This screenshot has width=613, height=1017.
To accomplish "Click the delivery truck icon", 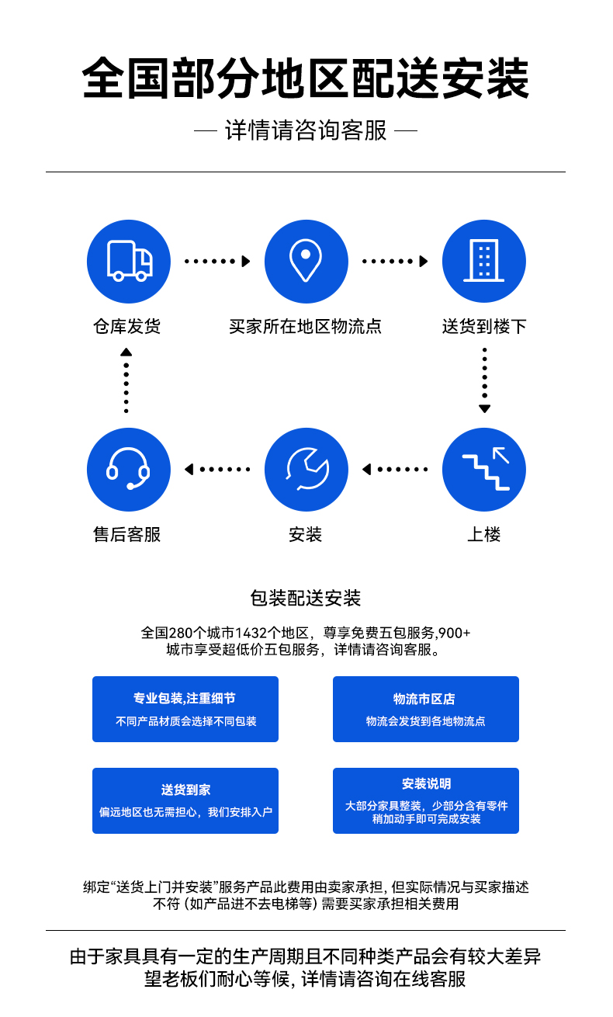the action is [x=129, y=262].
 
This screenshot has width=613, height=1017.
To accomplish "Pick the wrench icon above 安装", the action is [x=306, y=470].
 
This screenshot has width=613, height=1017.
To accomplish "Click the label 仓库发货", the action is [x=127, y=326].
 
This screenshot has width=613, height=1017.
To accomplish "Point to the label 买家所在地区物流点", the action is [x=306, y=326].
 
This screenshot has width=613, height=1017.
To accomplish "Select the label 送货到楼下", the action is [x=484, y=326].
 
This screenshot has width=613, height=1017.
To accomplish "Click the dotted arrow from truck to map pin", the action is [x=217, y=261].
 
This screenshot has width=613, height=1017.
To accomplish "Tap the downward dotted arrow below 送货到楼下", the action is [x=485, y=380].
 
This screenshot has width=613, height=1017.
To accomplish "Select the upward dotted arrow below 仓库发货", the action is [x=126, y=380].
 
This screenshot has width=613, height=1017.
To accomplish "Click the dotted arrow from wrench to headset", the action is [x=217, y=469].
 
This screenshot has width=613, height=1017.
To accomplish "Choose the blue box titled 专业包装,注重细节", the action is [x=185, y=709].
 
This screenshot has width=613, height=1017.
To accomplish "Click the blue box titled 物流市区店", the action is [x=425, y=709].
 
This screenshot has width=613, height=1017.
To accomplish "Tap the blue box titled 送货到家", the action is [x=185, y=800].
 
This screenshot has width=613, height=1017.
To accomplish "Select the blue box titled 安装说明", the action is [x=425, y=800].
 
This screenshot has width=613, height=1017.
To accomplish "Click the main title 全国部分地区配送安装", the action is [x=306, y=78].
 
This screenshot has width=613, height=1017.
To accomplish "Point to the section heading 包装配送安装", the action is [x=306, y=598].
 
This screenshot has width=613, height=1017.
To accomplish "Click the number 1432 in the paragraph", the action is [x=251, y=633].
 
